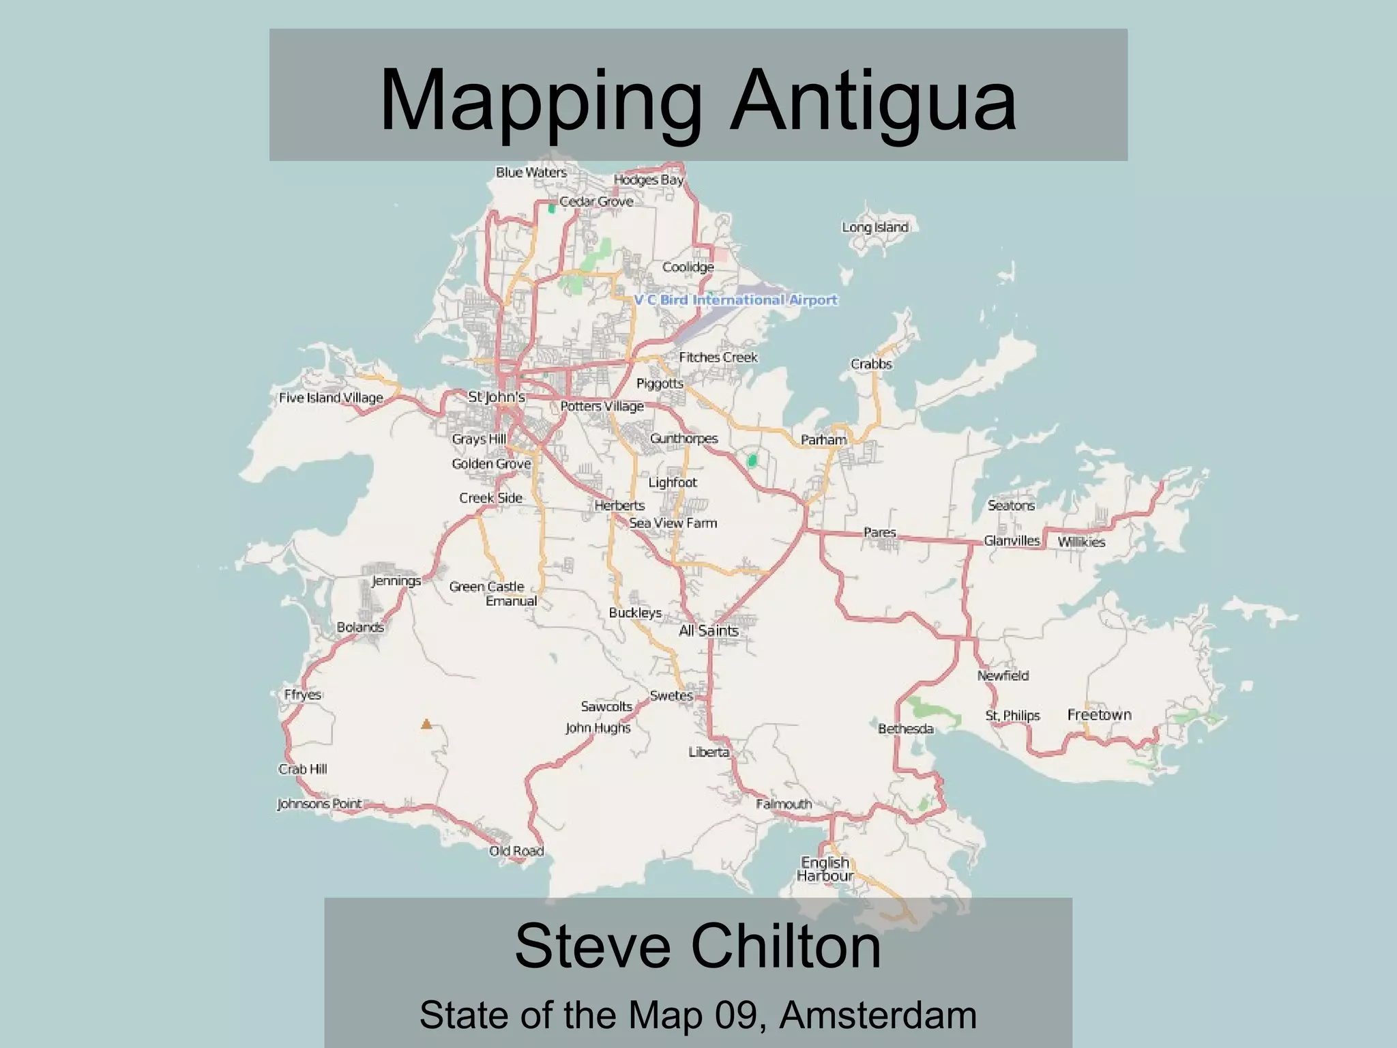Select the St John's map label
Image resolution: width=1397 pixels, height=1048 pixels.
[496, 396]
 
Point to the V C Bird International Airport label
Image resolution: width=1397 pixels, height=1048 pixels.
[735, 300]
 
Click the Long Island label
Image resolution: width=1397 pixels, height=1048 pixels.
[874, 227]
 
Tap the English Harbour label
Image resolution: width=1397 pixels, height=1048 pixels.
[825, 869]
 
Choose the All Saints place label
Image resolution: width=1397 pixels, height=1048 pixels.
[708, 630]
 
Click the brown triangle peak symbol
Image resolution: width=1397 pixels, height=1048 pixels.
[426, 724]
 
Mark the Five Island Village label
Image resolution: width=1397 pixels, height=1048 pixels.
[331, 398]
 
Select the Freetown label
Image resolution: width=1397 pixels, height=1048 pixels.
[1099, 714]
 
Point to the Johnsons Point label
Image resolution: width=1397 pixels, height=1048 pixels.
[319, 804]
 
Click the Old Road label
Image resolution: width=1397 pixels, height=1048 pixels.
[516, 851]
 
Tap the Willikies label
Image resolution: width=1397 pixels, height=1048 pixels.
[1081, 542]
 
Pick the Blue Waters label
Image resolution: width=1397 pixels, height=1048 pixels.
[531, 173]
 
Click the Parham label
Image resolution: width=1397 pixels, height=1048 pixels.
[823, 440]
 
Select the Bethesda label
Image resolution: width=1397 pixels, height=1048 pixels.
[905, 729]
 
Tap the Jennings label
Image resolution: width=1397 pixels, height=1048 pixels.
[396, 581]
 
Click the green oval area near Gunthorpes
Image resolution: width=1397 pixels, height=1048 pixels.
[752, 461]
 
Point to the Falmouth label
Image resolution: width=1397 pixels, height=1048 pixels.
[784, 804]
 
